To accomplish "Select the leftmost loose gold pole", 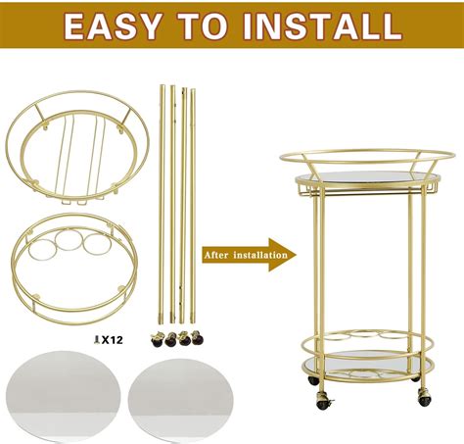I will [162, 196].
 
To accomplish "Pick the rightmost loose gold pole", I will [192, 196].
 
